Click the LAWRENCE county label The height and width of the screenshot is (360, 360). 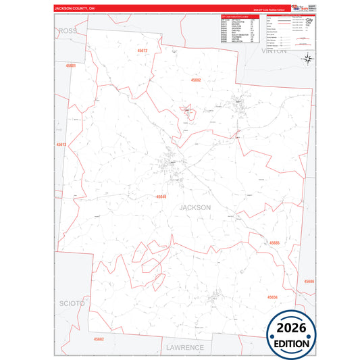(x=184, y=347)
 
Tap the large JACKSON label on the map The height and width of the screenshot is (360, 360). (x=195, y=207)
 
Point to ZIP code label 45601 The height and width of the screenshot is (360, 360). (x=71, y=66)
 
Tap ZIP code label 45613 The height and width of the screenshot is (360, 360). (x=61, y=145)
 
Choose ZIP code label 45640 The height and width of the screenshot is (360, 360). (x=161, y=197)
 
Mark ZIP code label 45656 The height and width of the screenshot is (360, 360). (x=273, y=297)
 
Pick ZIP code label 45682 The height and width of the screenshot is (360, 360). (x=99, y=339)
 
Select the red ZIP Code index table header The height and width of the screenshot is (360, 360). (x=239, y=15)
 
